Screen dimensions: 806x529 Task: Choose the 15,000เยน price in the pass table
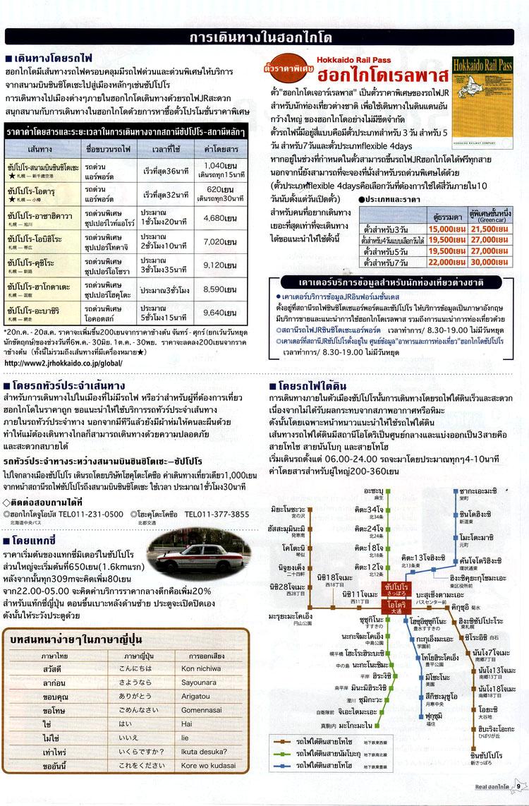pyautogui.click(x=443, y=229)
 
